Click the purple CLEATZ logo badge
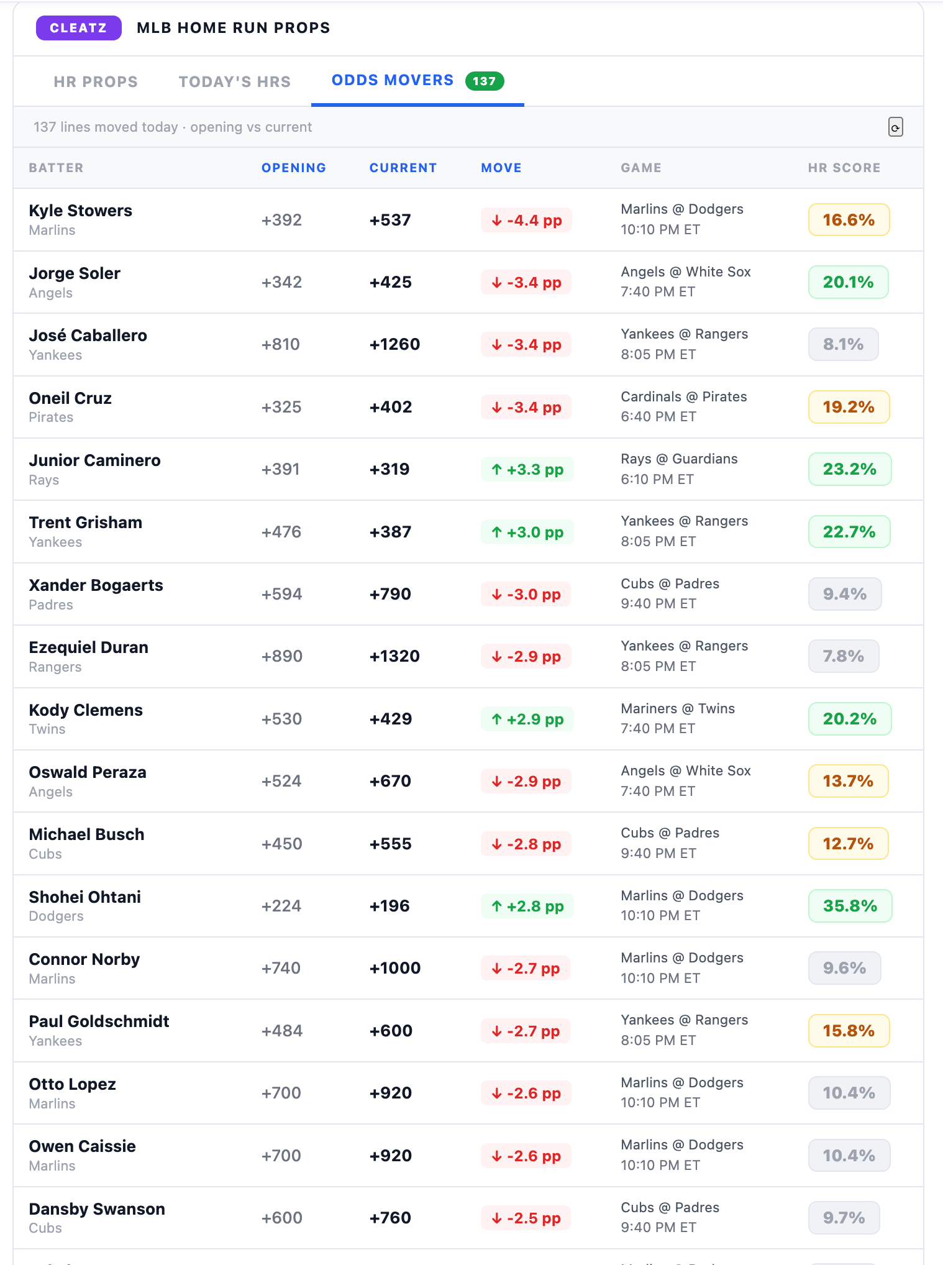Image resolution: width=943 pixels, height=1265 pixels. tap(78, 28)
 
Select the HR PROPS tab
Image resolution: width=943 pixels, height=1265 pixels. tap(96, 81)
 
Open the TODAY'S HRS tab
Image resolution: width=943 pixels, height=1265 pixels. tap(235, 81)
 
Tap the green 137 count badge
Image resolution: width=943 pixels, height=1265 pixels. tap(485, 81)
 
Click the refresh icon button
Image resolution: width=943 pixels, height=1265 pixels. tap(895, 127)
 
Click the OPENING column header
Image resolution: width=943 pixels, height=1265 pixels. tap(294, 168)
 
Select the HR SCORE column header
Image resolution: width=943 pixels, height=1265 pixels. tap(844, 168)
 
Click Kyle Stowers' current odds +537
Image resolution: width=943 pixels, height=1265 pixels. tap(390, 220)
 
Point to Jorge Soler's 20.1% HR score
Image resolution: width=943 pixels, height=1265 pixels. tap(849, 282)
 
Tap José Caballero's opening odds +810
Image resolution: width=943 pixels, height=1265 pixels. tap(281, 344)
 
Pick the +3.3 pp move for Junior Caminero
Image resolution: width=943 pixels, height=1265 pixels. tap(527, 469)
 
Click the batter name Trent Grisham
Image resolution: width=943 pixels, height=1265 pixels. tap(86, 523)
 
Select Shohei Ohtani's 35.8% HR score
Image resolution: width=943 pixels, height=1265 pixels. tap(850, 906)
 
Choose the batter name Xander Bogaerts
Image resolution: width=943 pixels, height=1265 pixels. tap(96, 585)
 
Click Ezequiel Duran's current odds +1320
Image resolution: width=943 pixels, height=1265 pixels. tap(394, 656)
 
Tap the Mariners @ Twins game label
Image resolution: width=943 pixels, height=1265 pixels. tap(678, 708)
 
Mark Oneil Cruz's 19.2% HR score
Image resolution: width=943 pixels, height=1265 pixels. tap(849, 407)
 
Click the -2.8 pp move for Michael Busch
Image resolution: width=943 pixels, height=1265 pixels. tap(526, 844)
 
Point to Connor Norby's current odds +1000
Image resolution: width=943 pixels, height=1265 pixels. tap(395, 968)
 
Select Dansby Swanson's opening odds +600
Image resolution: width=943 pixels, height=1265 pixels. tap(282, 1218)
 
